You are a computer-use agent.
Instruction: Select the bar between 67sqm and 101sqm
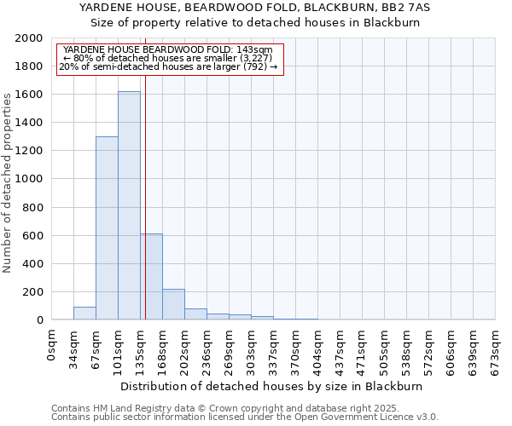point(107,228)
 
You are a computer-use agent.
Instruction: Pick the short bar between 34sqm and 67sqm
point(84,314)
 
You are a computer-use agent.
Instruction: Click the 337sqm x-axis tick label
point(274,348)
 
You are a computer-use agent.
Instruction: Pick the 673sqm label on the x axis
point(496,348)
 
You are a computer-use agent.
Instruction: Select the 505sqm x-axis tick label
point(385,348)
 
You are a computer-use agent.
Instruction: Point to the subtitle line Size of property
point(255,23)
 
